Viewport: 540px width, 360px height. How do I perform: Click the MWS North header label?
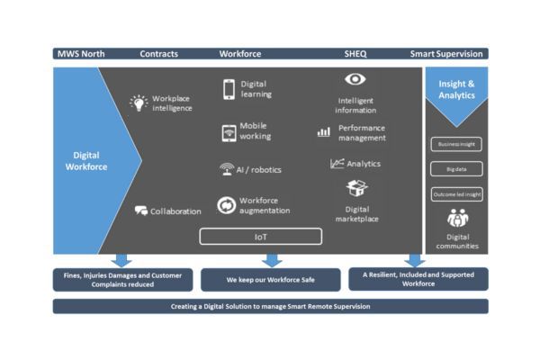(x=79, y=54)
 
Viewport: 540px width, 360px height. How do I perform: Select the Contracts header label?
(x=159, y=54)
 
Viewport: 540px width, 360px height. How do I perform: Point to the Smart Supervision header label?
(x=446, y=54)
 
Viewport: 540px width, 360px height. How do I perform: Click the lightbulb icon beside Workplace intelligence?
(x=139, y=102)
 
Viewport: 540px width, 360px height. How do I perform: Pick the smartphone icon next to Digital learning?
(x=229, y=89)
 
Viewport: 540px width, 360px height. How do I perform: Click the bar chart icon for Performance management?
(x=324, y=132)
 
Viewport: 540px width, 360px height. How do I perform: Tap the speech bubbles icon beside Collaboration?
(x=141, y=211)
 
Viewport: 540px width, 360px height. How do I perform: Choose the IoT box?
(x=259, y=237)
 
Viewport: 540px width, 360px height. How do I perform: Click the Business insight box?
(x=457, y=144)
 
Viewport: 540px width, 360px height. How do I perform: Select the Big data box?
(x=457, y=168)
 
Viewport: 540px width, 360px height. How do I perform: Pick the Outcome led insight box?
(x=457, y=193)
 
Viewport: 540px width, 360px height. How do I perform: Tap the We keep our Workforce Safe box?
(x=259, y=281)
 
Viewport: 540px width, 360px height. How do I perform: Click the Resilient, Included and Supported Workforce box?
(x=418, y=281)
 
